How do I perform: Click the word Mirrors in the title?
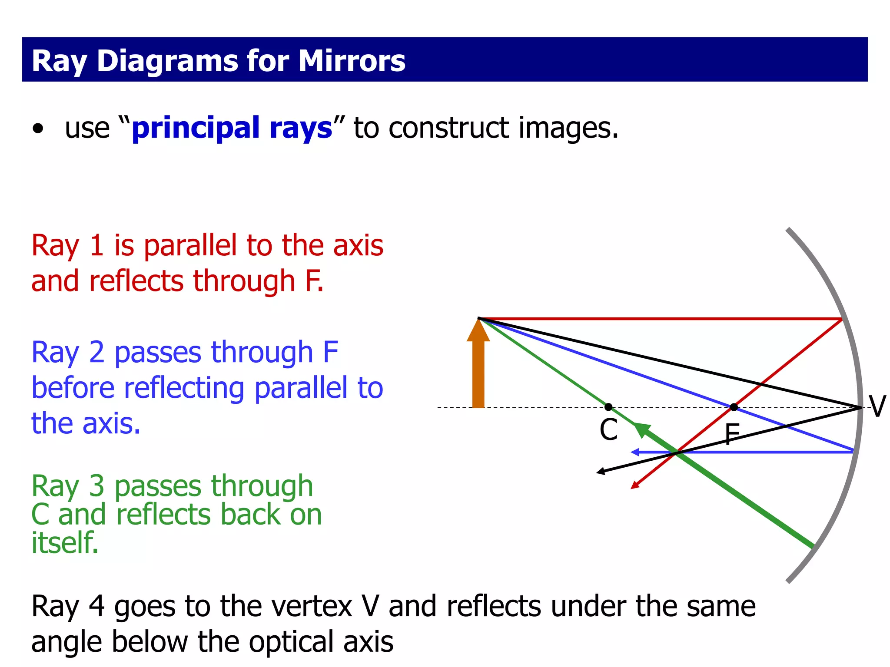352,61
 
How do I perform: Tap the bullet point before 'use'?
38,129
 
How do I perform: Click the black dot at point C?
608,407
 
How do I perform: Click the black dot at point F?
734,407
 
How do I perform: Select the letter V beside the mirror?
877,407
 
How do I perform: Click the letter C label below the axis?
608,430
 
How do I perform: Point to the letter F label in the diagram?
732,435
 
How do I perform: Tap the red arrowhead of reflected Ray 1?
635,485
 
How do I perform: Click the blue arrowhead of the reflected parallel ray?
635,452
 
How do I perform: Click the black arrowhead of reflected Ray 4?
601,472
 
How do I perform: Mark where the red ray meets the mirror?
842,319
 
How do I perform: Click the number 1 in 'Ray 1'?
96,245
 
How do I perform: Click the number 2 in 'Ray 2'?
96,352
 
